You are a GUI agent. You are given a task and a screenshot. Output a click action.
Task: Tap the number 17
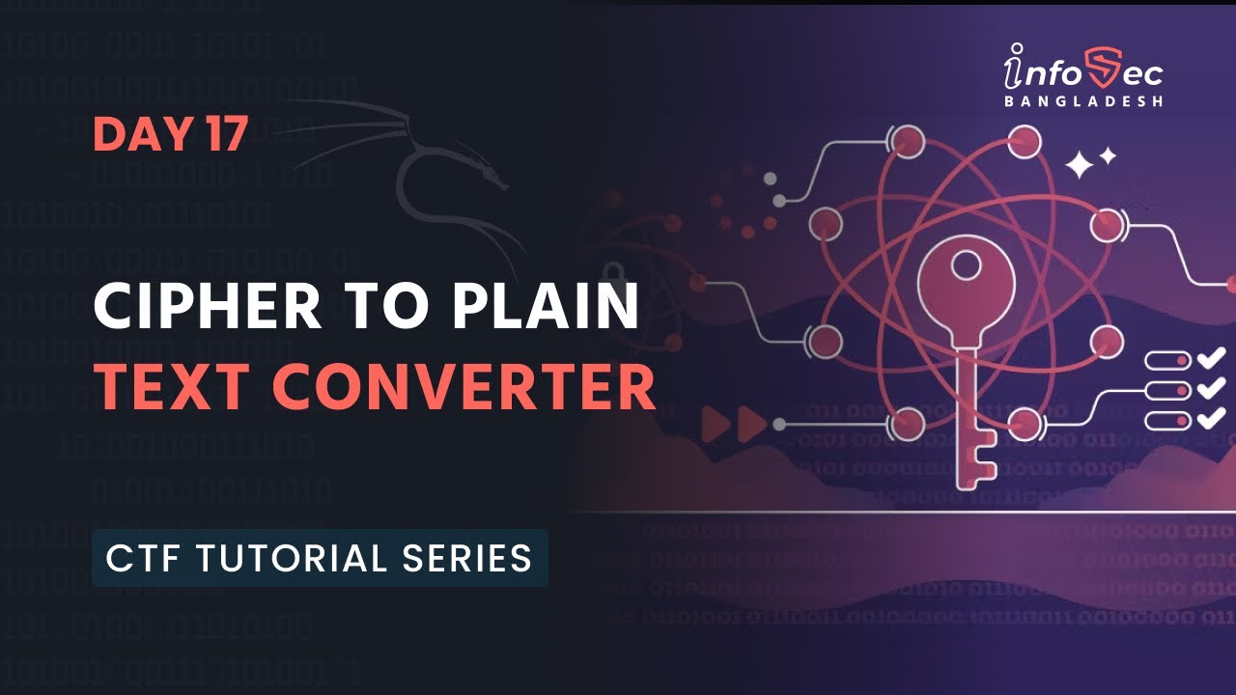(226, 135)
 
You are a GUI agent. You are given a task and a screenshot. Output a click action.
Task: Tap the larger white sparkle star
(1080, 165)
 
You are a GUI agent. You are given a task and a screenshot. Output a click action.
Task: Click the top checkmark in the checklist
(1211, 360)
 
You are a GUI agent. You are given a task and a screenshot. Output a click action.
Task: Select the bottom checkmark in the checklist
(1211, 418)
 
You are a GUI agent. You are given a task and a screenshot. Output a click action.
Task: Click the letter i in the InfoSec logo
(1014, 69)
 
